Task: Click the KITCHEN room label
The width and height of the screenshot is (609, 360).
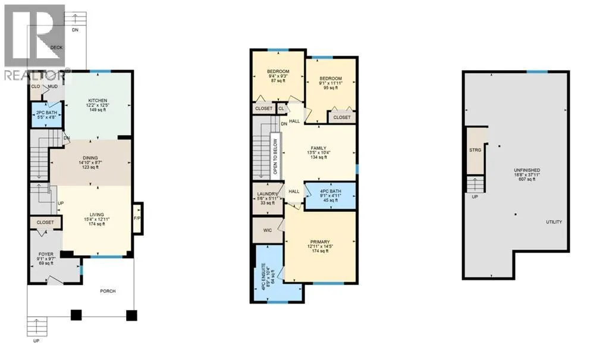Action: point(98,101)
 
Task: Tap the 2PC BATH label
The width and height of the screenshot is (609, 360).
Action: point(46,112)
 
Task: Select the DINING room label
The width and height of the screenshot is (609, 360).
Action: point(90,158)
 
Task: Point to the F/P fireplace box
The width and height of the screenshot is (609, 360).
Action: point(137,218)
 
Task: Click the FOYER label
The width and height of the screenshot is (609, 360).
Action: point(46,254)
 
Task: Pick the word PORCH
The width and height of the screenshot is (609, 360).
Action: point(108,291)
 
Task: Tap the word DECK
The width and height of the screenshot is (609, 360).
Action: point(56,48)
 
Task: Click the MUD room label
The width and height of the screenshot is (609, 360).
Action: point(52,86)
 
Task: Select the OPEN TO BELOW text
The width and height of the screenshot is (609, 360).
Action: point(275,156)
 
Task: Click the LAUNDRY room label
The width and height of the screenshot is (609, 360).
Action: point(268,194)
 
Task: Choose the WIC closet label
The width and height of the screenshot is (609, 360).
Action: point(268,230)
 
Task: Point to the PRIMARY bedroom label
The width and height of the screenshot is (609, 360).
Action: point(320,242)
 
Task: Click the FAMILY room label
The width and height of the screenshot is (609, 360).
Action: point(319,148)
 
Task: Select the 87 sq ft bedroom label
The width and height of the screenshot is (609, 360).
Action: point(278,81)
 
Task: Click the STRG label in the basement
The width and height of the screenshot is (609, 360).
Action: point(475,150)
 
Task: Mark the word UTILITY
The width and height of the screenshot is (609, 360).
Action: point(554,222)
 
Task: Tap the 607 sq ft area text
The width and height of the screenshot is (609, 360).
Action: point(527,180)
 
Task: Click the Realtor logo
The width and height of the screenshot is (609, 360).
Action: point(35,43)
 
